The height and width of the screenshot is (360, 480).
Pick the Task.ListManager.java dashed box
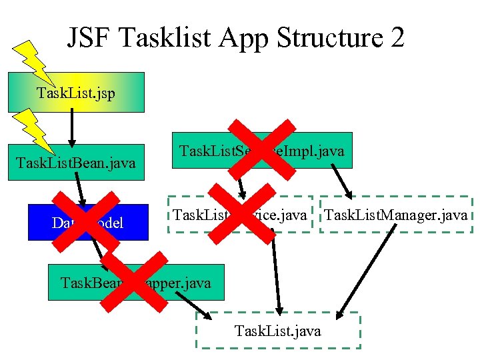tap(397, 215)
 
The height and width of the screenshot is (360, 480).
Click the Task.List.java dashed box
tap(277, 331)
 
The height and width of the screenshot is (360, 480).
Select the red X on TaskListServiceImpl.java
tap(261, 149)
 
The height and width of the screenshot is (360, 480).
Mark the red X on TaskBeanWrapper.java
tap(134, 283)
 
